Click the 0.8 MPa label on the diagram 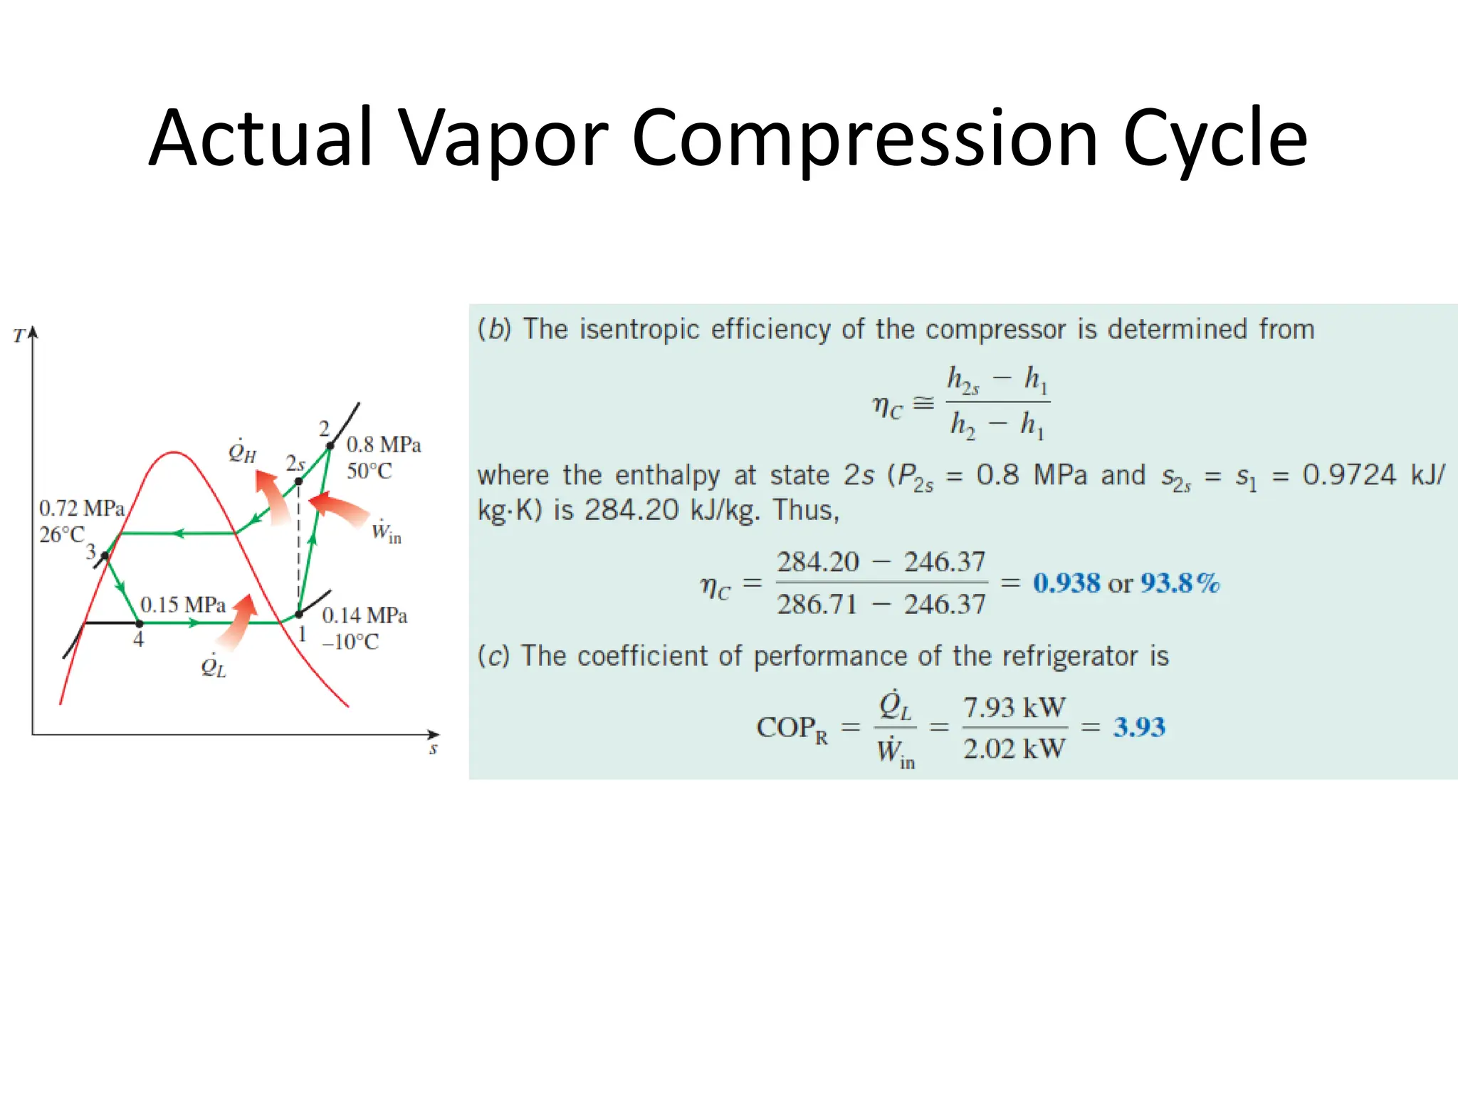[x=383, y=445]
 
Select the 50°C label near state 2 [x=369, y=472]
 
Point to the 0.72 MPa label [x=82, y=509]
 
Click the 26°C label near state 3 [x=62, y=534]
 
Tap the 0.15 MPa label [x=183, y=605]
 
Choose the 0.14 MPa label [x=364, y=615]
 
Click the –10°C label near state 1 [x=350, y=642]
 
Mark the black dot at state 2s [x=299, y=481]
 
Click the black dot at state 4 [x=140, y=623]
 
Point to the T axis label [x=19, y=335]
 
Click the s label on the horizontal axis [x=433, y=749]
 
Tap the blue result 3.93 [x=1139, y=727]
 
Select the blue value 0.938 [x=1066, y=583]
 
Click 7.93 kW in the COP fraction [x=1014, y=708]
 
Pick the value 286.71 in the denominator [x=817, y=605]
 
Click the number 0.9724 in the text [x=1349, y=475]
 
